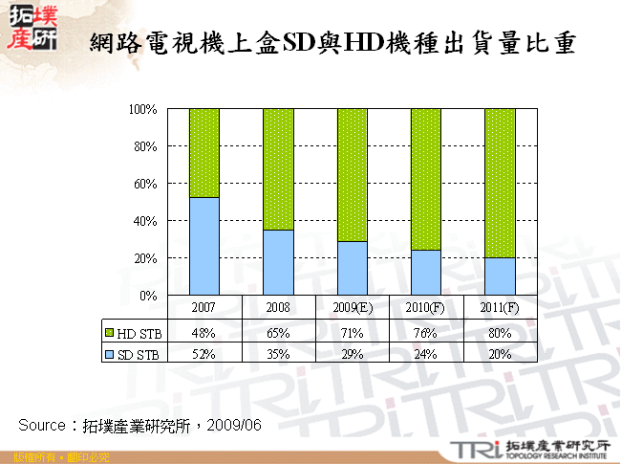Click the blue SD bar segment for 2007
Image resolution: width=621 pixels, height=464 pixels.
click(x=204, y=246)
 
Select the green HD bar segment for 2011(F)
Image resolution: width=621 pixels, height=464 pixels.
click(x=500, y=183)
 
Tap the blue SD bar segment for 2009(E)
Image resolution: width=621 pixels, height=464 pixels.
click(x=353, y=268)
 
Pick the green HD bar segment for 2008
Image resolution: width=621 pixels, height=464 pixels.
click(x=278, y=169)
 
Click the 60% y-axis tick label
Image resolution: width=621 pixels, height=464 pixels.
click(x=145, y=184)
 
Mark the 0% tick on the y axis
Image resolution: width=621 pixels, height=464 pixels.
click(x=149, y=296)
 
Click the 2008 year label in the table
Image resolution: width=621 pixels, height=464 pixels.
click(x=278, y=308)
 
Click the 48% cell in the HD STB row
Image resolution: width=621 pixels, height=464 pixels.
click(x=203, y=334)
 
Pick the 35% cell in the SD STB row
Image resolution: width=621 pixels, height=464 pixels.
click(x=278, y=354)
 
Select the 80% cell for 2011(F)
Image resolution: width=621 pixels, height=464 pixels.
click(x=501, y=334)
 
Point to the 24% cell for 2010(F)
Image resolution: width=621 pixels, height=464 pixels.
click(x=426, y=354)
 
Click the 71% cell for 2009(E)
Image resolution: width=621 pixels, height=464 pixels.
click(x=353, y=334)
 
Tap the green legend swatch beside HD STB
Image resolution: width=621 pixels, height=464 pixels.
click(x=110, y=334)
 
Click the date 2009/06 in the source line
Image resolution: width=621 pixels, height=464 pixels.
click(x=234, y=424)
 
